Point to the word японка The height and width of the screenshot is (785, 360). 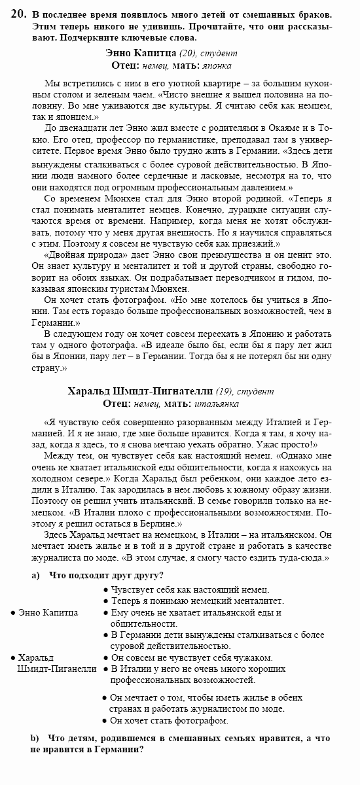coord(216,65)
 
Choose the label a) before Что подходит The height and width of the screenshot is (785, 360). coord(36,576)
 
